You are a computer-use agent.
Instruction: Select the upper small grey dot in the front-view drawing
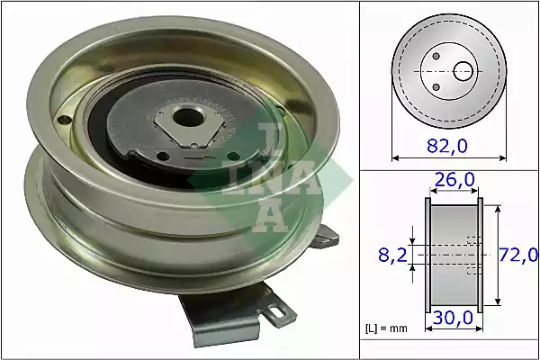[436, 55]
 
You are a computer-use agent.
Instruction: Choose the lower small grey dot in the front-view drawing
[437, 86]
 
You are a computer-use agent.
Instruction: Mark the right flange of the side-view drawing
[480, 256]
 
